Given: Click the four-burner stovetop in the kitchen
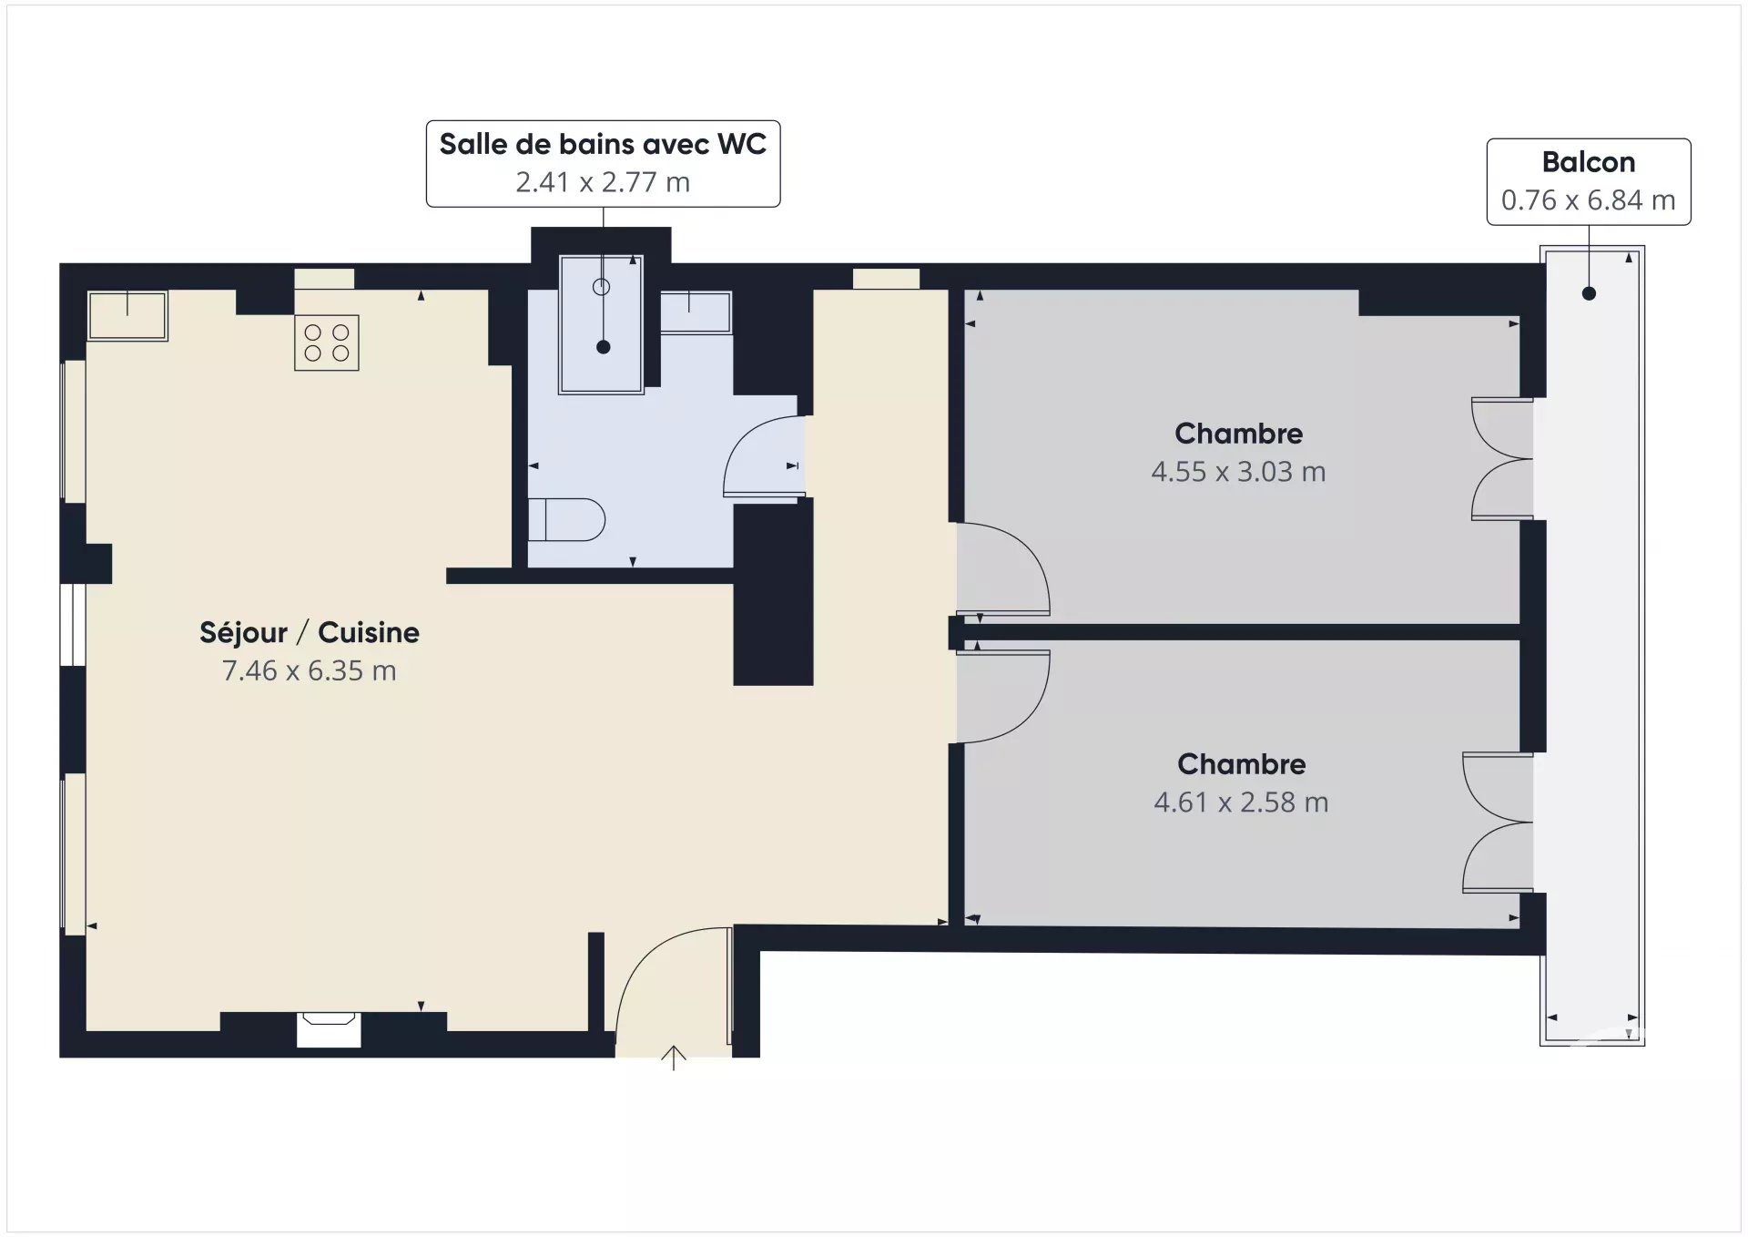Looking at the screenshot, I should coord(326,342).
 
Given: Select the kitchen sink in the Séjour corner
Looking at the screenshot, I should coord(127,315).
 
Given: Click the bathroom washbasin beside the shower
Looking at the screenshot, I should coord(695,312).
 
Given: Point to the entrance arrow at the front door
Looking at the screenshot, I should coord(673,1057).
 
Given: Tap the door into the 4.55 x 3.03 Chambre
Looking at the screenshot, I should coord(1001,569).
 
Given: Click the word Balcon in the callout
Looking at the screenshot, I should coord(1588,162).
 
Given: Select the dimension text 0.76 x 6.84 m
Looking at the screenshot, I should coord(1588,200).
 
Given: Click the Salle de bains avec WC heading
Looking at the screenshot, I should coord(603,144).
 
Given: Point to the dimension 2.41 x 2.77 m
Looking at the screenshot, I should coord(603,182).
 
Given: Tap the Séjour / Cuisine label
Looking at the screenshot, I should coord(310,632).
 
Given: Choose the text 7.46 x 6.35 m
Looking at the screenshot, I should coord(310,670).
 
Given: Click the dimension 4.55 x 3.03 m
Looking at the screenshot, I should coord(1238,472).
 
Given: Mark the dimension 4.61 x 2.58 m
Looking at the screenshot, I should coord(1241,803).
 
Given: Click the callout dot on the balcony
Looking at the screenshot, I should coord(1589,293).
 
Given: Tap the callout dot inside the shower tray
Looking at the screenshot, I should coord(603,347).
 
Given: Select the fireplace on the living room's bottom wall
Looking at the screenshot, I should coord(329,1029).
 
